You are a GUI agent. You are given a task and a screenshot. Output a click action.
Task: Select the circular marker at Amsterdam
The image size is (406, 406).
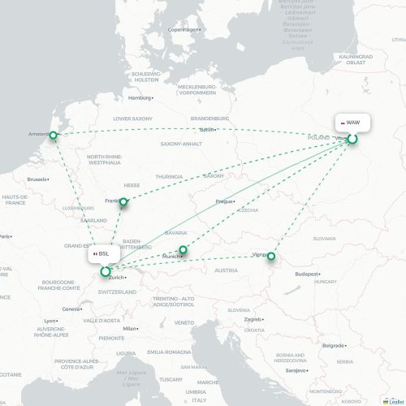pos(54,136)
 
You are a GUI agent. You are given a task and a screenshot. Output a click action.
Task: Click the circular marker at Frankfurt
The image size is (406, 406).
pos(123,201)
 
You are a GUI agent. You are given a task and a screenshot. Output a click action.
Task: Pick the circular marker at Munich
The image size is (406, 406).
pos(184,250)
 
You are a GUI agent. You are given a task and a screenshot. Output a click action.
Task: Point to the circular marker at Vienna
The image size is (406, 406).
pos(272,257)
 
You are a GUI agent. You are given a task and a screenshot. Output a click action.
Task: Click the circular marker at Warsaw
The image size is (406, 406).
pos(353,139)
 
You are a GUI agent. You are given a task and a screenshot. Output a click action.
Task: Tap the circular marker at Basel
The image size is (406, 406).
pos(106,271)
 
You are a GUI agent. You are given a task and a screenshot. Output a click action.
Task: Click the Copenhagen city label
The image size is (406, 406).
pos(183,30)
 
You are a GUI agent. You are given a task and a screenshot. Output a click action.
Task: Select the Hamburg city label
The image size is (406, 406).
pos(140,97)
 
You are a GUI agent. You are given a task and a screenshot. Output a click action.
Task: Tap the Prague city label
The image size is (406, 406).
pos(225,201)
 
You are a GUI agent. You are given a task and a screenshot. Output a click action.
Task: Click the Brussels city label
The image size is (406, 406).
pos(37,179)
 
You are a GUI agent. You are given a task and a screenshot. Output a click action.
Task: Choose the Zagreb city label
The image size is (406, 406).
pos(252,319)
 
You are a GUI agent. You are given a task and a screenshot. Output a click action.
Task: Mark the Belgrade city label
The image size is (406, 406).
pos(333,345)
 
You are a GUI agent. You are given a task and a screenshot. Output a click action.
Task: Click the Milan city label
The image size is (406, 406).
pos(128,328)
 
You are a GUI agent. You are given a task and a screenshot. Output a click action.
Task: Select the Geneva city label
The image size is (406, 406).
pos(71,309)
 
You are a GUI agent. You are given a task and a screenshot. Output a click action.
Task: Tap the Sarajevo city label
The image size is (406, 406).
pos(295,370)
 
